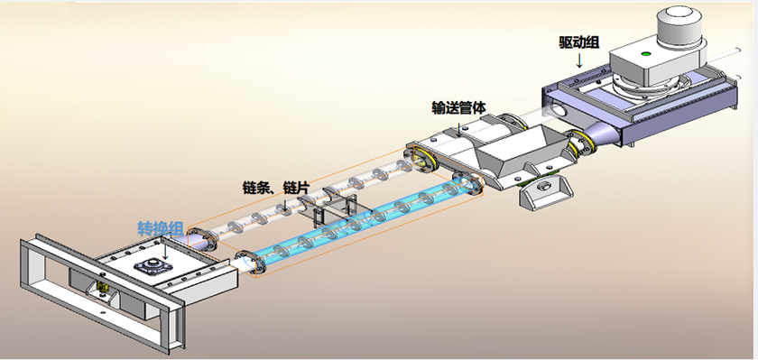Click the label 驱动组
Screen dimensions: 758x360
pos(579,43)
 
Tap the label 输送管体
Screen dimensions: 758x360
pos(458,107)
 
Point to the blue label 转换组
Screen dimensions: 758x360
pos(160,228)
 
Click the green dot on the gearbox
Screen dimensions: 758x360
pos(645,53)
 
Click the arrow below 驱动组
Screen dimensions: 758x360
pos(580,60)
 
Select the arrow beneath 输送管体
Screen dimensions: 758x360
pos(458,124)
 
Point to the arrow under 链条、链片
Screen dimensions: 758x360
pos(285,203)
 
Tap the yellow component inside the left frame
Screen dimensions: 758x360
pos(102,287)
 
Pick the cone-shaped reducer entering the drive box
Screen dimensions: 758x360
pos(601,135)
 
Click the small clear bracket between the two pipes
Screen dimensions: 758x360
pos(334,211)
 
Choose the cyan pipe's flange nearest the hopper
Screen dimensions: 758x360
pos(469,185)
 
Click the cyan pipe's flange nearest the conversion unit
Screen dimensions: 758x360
pos(251,263)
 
